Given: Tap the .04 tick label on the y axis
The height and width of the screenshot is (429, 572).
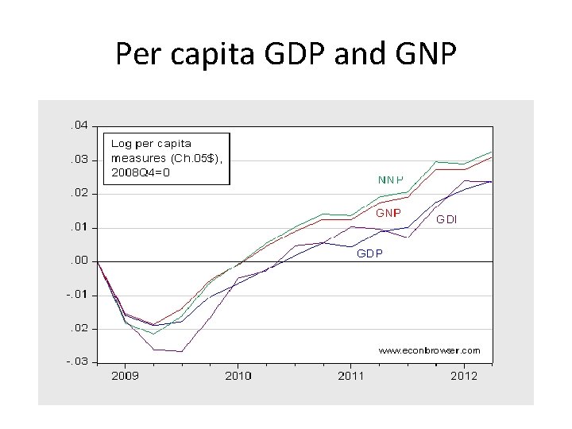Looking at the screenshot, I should [x=78, y=126].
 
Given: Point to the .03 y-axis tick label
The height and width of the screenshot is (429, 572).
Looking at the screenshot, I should [x=78, y=160].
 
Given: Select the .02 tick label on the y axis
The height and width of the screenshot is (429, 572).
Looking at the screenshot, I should [x=78, y=193].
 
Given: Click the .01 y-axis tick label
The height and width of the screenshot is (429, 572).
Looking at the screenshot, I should [x=78, y=227].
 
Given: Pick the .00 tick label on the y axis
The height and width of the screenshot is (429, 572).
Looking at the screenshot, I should [x=78, y=261].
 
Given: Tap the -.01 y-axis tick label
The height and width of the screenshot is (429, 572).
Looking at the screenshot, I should [x=76, y=295].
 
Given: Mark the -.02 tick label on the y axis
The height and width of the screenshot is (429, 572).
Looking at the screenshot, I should [x=76, y=328].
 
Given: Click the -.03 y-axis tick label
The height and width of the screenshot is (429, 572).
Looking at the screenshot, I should [x=76, y=361].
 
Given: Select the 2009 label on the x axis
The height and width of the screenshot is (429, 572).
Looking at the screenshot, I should [x=125, y=376].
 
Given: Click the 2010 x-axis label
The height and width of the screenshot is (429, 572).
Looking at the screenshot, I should [x=238, y=376].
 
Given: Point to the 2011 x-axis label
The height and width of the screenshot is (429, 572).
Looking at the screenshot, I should [x=351, y=376].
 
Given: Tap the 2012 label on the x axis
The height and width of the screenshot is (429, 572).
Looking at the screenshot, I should [x=464, y=376].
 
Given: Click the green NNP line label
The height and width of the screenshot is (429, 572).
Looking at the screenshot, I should [x=390, y=180].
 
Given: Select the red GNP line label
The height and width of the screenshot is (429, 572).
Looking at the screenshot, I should [x=388, y=213].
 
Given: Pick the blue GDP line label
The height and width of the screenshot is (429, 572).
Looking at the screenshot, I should [x=369, y=253].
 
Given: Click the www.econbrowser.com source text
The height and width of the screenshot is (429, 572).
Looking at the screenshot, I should [x=429, y=350].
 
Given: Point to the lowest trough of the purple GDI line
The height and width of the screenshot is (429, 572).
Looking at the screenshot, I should [x=181, y=351].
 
